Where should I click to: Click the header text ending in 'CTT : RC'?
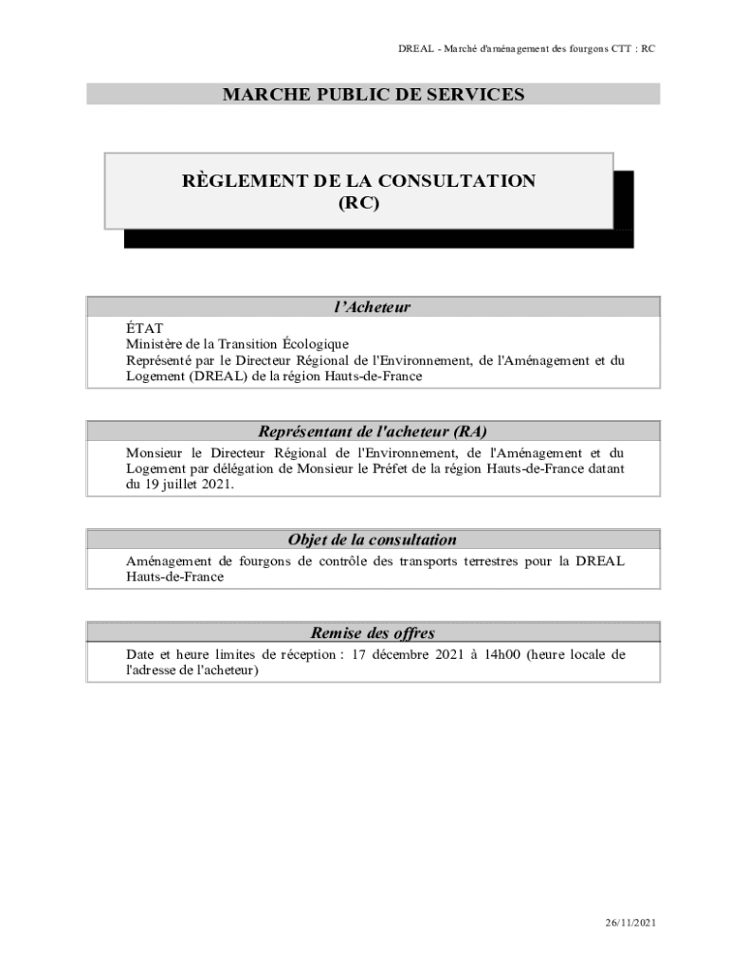(526, 49)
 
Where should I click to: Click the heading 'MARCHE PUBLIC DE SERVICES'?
(373, 94)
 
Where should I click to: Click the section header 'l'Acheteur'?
(373, 306)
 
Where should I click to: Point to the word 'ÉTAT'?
(144, 328)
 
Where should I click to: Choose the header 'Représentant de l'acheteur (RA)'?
(373, 431)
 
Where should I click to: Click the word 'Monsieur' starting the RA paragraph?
(155, 452)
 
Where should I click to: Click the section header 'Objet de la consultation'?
(373, 540)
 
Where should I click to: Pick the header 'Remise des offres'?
(373, 632)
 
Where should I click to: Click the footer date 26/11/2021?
(630, 923)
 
